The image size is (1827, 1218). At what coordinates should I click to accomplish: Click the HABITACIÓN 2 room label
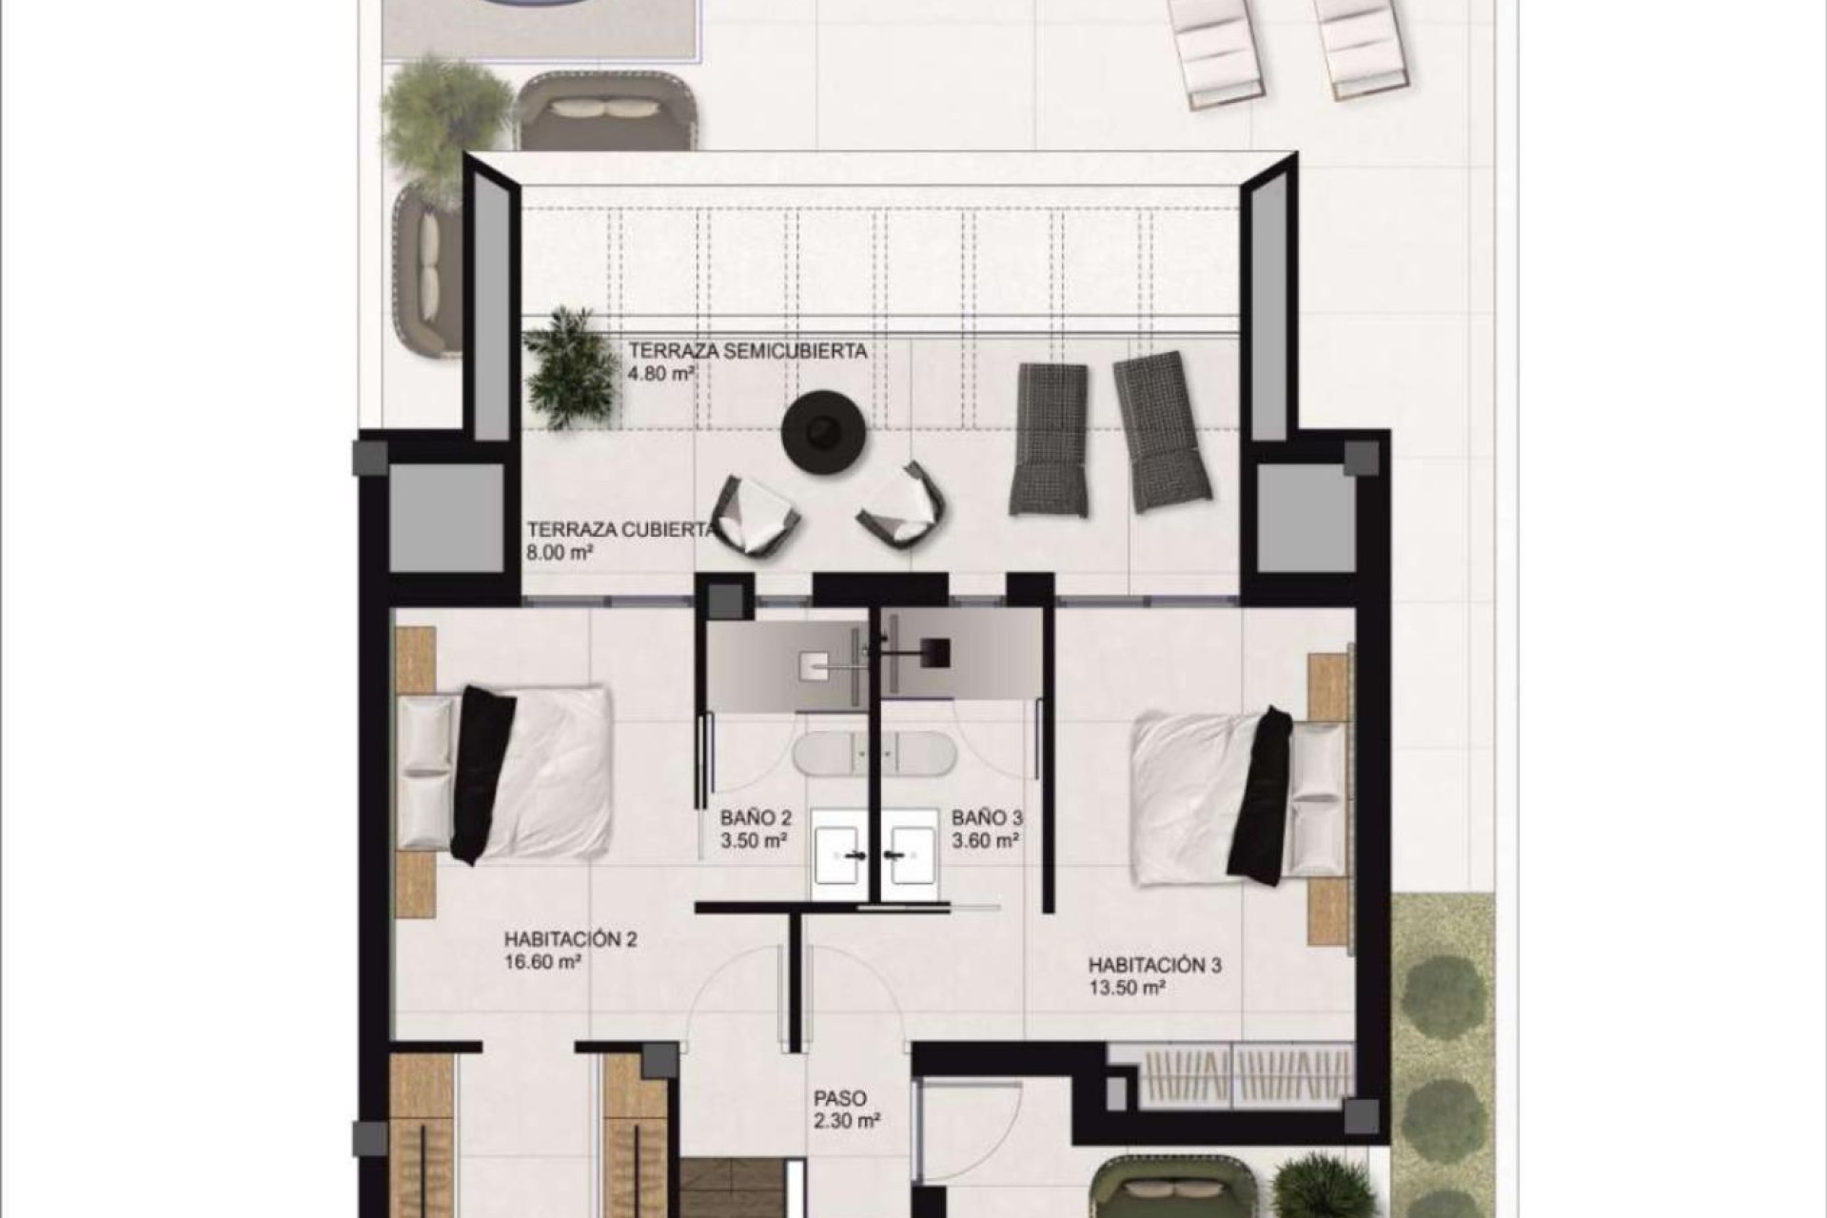[571, 940]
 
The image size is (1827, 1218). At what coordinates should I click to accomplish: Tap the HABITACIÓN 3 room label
[1154, 966]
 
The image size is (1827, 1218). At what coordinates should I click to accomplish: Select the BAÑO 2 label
[756, 817]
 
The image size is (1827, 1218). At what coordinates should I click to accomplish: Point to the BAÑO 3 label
[987, 817]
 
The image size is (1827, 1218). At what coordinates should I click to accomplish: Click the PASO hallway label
[840, 1097]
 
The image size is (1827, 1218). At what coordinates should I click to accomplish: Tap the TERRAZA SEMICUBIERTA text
[747, 351]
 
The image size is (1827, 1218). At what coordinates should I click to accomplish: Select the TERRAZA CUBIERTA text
[620, 530]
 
